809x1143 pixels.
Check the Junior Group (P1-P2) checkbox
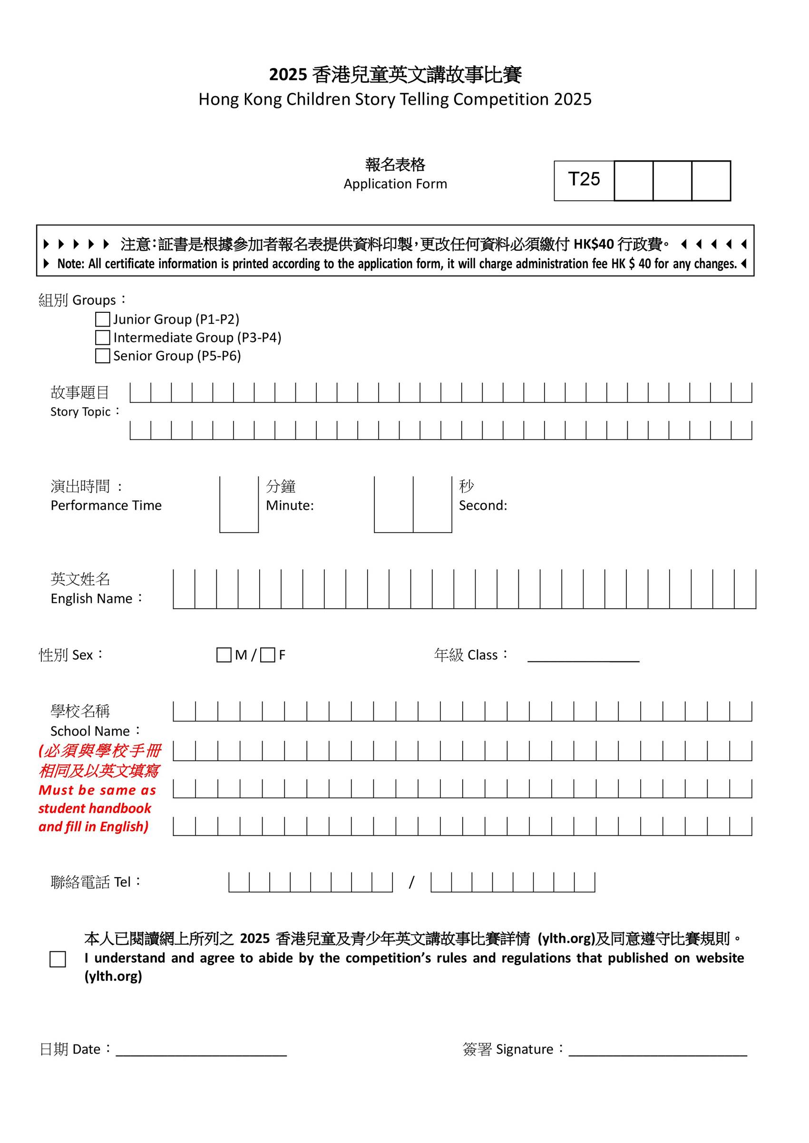coord(102,319)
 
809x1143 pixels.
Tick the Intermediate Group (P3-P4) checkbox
coord(102,338)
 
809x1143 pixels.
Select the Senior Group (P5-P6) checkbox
coord(102,356)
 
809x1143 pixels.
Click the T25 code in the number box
coord(584,179)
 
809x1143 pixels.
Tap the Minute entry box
coord(239,504)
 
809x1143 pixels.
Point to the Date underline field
coord(201,1049)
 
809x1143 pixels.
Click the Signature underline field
coord(658,1049)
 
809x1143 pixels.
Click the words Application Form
coord(395,184)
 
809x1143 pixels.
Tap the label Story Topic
coord(80,412)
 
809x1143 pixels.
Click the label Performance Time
coord(106,505)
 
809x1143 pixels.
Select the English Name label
coord(91,598)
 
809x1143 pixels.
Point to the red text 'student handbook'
coord(95,808)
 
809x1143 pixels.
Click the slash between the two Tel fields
coord(411,882)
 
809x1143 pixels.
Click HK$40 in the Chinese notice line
coord(594,244)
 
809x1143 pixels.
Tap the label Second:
coord(483,505)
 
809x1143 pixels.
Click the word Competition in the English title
coord(501,99)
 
